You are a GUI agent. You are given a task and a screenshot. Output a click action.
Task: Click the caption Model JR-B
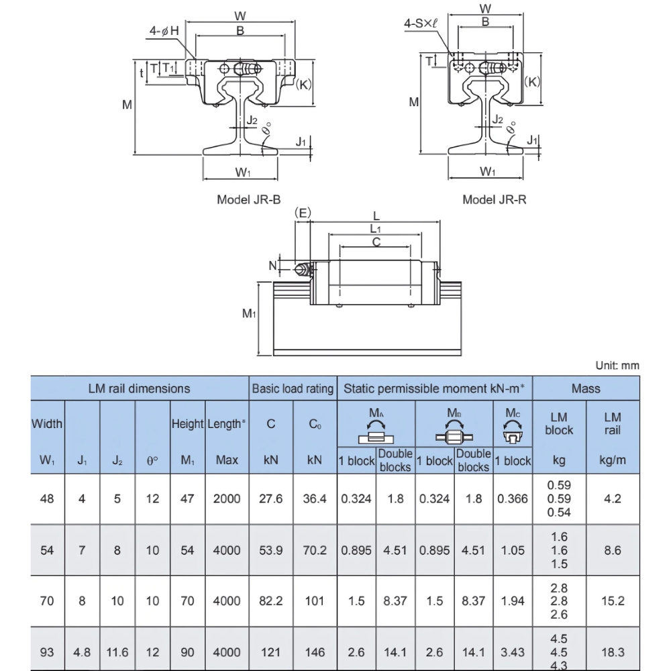tap(248, 199)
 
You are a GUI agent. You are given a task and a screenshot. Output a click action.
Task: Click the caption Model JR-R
tap(495, 199)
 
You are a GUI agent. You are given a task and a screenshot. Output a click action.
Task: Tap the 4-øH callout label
tap(164, 30)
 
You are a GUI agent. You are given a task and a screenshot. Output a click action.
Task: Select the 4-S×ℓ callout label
tap(420, 23)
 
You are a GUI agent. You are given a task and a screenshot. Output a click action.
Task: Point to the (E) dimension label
tap(303, 213)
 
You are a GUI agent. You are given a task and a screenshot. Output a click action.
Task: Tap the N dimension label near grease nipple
tap(272, 266)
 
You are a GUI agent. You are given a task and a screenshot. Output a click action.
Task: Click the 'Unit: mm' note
tap(617, 366)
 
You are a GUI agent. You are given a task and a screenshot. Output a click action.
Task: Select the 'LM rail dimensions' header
tap(139, 389)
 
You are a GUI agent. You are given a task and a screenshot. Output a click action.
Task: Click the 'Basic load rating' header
tap(292, 389)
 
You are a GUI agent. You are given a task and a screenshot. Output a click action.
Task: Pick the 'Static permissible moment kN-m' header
tap(435, 389)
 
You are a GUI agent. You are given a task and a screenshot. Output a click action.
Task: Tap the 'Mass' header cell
tap(586, 389)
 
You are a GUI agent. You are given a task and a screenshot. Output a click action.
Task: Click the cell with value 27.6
tap(271, 499)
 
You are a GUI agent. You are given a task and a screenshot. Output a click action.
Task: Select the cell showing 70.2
tap(315, 550)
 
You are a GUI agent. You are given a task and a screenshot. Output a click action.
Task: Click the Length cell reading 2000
tap(226, 499)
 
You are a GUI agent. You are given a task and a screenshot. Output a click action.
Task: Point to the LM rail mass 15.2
tap(612, 601)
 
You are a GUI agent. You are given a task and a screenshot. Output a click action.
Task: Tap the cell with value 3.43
tap(513, 652)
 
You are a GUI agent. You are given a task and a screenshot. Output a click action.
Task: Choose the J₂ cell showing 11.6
tap(117, 652)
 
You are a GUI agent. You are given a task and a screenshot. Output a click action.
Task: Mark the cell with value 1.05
tap(513, 550)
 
